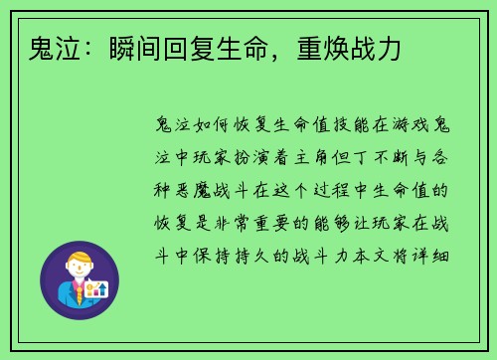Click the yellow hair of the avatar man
point(79,260)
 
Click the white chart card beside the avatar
point(97,289)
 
